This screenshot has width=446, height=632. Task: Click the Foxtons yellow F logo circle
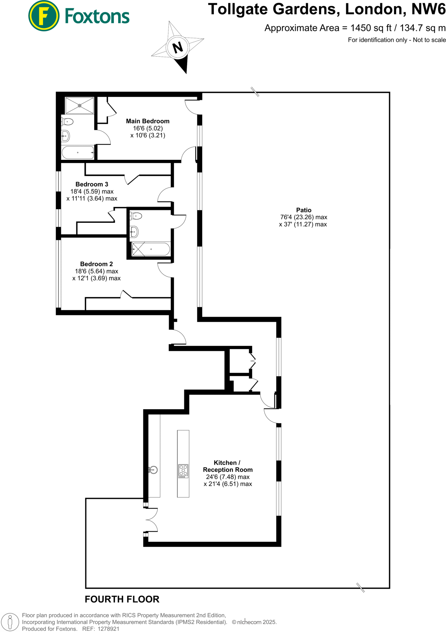(x=43, y=16)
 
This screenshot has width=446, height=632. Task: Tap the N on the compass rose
(x=178, y=48)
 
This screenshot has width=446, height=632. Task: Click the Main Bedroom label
(x=147, y=121)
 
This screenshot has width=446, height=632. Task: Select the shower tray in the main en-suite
(x=79, y=106)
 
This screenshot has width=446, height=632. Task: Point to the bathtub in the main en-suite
(x=78, y=152)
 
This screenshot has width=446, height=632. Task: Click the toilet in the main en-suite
(x=68, y=122)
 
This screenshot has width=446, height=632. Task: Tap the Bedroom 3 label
(x=92, y=184)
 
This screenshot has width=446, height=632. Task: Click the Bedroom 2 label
(x=96, y=264)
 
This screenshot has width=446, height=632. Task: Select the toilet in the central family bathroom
(x=136, y=216)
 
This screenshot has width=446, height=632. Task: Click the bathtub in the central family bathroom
(x=151, y=249)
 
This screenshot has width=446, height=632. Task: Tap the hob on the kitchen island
(x=183, y=471)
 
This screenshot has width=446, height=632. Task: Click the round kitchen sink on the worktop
(x=153, y=470)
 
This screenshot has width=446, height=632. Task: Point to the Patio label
(x=304, y=210)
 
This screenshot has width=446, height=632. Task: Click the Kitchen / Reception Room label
(x=228, y=466)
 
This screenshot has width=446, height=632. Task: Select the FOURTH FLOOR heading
(x=122, y=599)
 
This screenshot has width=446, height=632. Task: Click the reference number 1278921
(x=108, y=629)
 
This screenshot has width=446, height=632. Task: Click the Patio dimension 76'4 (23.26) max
(x=304, y=217)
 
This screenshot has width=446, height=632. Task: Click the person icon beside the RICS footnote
(x=10, y=622)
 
